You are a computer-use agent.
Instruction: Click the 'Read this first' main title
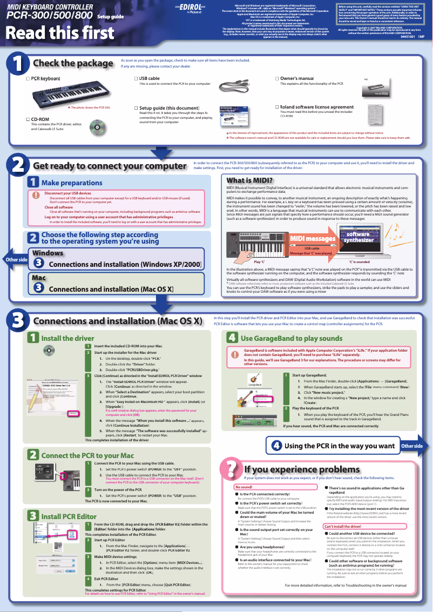coord(52,33)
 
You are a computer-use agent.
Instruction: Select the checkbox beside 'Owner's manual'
coord(276,79)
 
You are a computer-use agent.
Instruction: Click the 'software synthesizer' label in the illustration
coord(357,237)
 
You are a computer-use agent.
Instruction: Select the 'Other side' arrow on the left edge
coord(15,260)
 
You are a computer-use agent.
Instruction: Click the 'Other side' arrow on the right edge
coord(414,446)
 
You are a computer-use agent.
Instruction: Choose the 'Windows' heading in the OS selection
coord(48,253)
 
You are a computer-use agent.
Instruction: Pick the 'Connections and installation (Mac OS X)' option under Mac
coord(111,289)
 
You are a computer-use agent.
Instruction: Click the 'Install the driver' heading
coord(67,338)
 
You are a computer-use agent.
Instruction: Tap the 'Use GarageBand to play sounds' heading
coord(284,338)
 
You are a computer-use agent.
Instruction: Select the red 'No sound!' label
coord(235,487)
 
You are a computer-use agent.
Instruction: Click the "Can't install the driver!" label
coord(342,526)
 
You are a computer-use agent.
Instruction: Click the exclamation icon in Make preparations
coord(36,195)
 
